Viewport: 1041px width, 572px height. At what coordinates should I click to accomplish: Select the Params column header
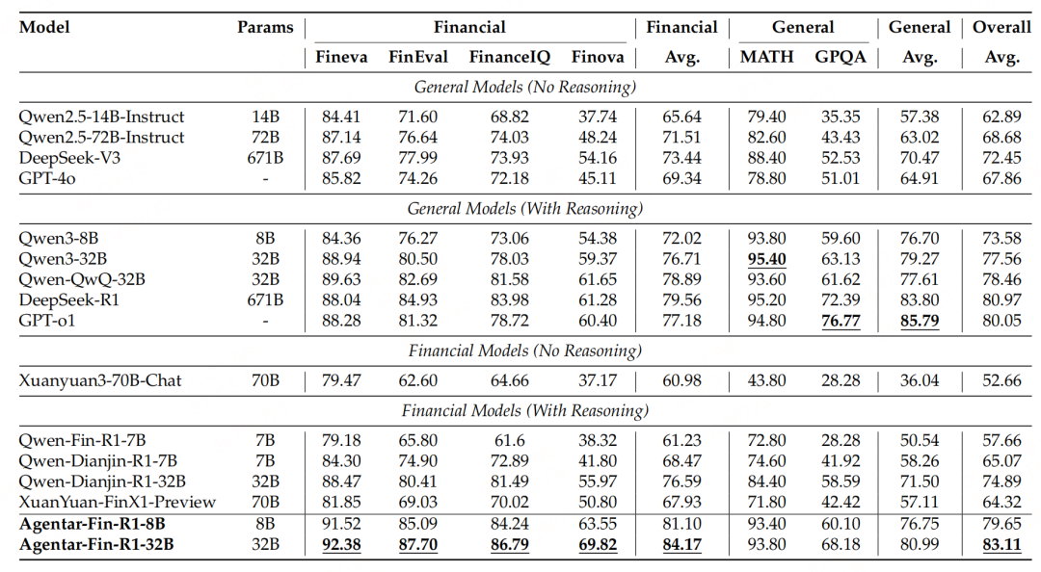point(265,27)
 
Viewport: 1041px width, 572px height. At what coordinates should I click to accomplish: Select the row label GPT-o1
point(47,320)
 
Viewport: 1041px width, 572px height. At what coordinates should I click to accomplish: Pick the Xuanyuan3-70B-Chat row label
point(100,380)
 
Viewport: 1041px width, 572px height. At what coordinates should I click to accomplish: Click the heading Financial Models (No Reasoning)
point(524,351)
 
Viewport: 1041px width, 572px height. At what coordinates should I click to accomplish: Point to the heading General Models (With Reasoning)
point(524,208)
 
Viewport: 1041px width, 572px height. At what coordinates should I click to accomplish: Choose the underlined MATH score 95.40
point(766,259)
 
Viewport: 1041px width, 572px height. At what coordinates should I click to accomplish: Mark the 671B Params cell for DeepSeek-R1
point(265,299)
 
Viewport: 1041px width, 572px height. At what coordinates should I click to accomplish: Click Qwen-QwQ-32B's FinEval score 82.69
point(418,279)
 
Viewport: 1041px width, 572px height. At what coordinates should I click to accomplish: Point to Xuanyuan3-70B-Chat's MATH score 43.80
point(766,380)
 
